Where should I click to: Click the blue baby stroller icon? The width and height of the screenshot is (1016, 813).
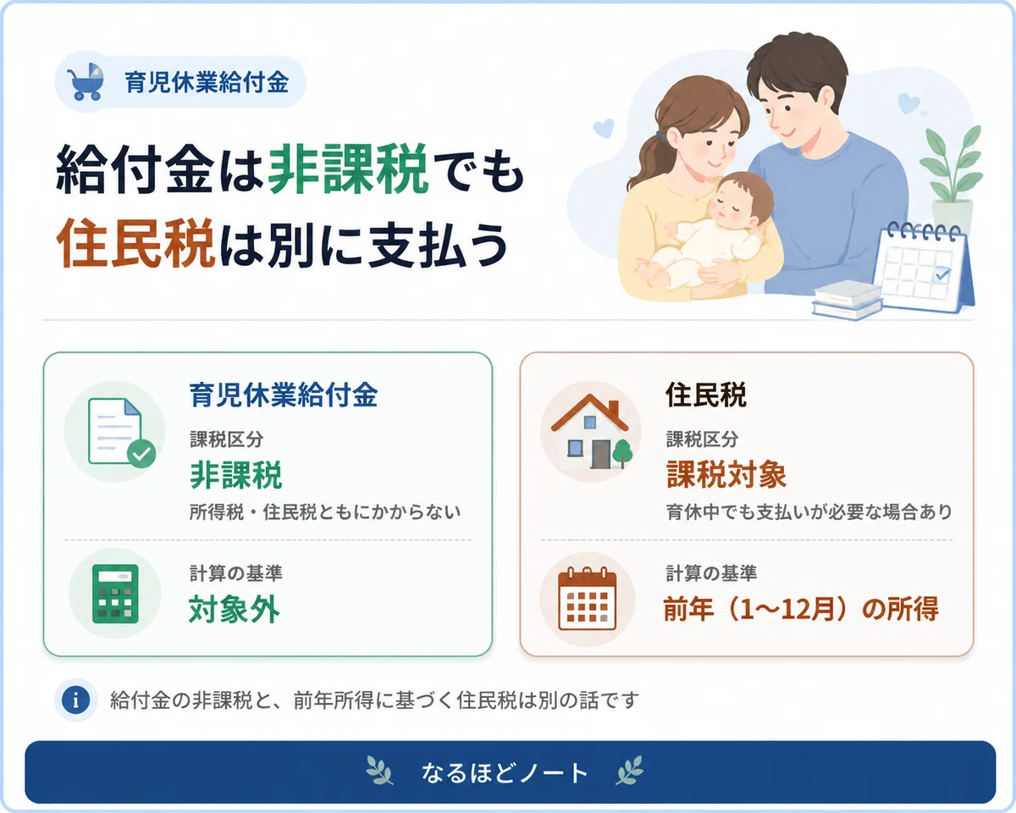(86, 82)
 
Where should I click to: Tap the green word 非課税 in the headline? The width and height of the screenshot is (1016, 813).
(349, 169)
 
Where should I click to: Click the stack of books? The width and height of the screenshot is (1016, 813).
(847, 301)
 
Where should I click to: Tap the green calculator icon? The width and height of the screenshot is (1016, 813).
(115, 594)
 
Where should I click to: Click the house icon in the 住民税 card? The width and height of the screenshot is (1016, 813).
(591, 431)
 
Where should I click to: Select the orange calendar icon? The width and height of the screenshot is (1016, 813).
(588, 599)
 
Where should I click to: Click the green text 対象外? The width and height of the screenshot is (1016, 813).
(235, 610)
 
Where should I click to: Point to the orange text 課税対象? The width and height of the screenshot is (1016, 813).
(726, 474)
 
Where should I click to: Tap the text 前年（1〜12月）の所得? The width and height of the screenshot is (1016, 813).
(801, 608)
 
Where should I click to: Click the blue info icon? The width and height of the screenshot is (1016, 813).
(75, 700)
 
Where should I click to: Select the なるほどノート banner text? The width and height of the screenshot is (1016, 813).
(505, 773)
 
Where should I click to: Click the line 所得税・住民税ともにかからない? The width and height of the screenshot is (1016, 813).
(325, 512)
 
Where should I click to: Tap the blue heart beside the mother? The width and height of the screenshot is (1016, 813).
(604, 128)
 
